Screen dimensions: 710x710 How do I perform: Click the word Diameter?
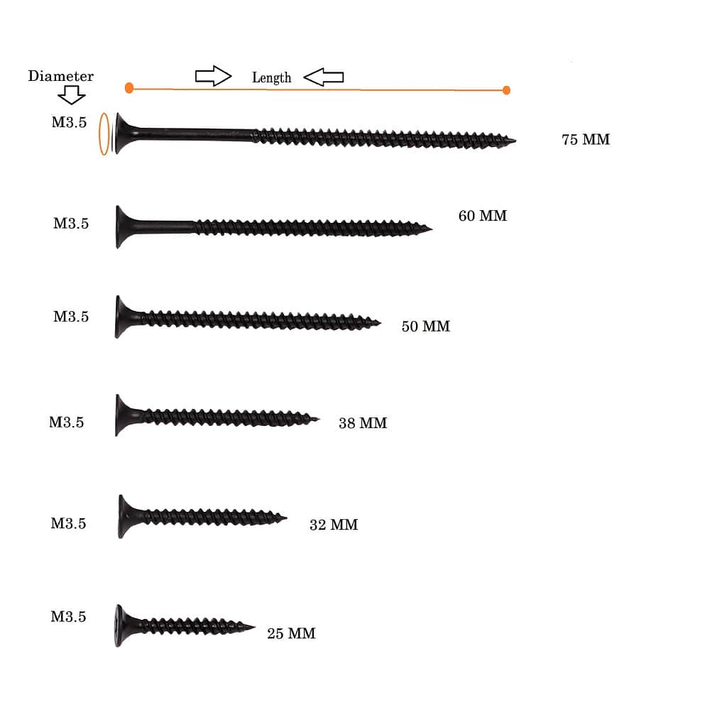pyautogui.click(x=60, y=76)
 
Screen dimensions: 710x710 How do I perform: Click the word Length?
pyautogui.click(x=271, y=78)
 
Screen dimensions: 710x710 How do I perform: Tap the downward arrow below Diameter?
pyautogui.click(x=72, y=94)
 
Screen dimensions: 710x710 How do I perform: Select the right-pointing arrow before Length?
pyautogui.click(x=213, y=76)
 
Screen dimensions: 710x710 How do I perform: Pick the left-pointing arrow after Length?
pyautogui.click(x=323, y=77)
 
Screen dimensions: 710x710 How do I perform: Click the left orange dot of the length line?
pyautogui.click(x=129, y=88)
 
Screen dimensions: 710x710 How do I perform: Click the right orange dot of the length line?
pyautogui.click(x=506, y=90)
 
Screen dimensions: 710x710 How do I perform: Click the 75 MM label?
pyautogui.click(x=586, y=139)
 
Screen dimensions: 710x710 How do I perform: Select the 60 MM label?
pyautogui.click(x=482, y=216)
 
